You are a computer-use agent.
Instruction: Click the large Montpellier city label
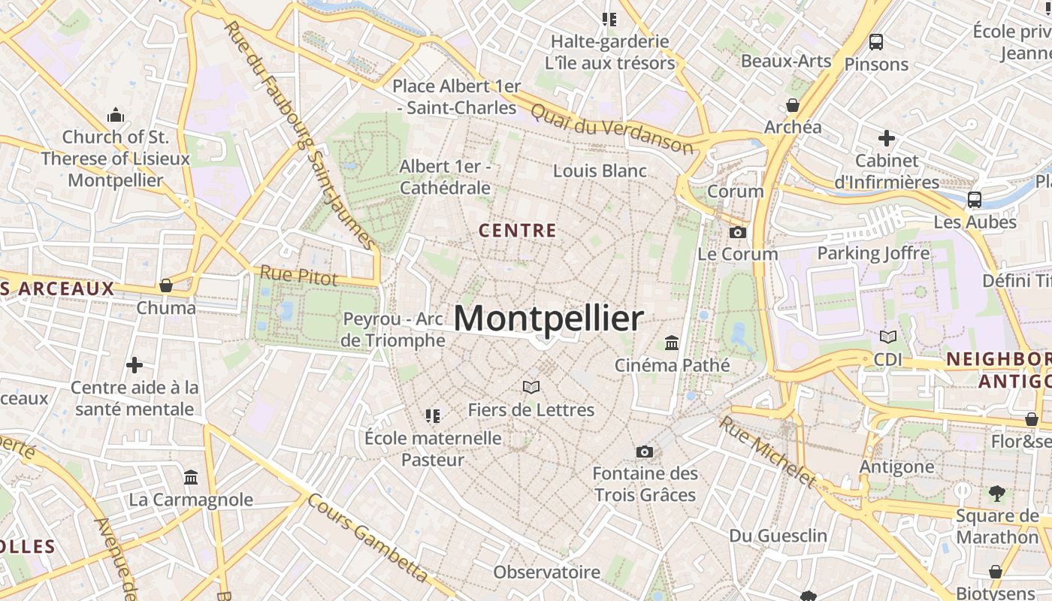pyautogui.click(x=549, y=319)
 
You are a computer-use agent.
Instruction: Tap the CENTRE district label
pyautogui.click(x=518, y=231)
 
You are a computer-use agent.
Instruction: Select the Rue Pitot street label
pyautogui.click(x=299, y=275)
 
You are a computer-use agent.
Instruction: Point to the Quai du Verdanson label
pyautogui.click(x=612, y=128)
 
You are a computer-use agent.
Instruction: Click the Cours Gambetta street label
pyautogui.click(x=367, y=539)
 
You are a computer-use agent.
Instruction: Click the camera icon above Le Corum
pyautogui.click(x=738, y=232)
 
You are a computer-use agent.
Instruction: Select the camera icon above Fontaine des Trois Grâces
pyautogui.click(x=644, y=452)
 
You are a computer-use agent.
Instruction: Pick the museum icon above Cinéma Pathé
pyautogui.click(x=672, y=343)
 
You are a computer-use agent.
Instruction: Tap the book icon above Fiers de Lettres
pyautogui.click(x=531, y=387)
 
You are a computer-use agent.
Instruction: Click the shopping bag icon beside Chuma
pyautogui.click(x=166, y=285)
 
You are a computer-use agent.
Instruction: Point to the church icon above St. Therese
pyautogui.click(x=116, y=115)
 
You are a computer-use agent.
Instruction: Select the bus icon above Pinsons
pyautogui.click(x=875, y=42)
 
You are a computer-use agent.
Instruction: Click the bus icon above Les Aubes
pyautogui.click(x=975, y=200)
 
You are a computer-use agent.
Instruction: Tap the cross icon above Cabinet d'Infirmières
pyautogui.click(x=887, y=138)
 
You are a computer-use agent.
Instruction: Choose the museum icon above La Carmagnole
pyautogui.click(x=191, y=477)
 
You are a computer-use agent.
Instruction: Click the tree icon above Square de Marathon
pyautogui.click(x=996, y=494)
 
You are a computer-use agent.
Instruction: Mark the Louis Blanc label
pyautogui.click(x=600, y=171)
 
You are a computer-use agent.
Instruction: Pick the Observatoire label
pyautogui.click(x=546, y=572)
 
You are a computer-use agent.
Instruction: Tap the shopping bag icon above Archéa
pyautogui.click(x=793, y=105)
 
